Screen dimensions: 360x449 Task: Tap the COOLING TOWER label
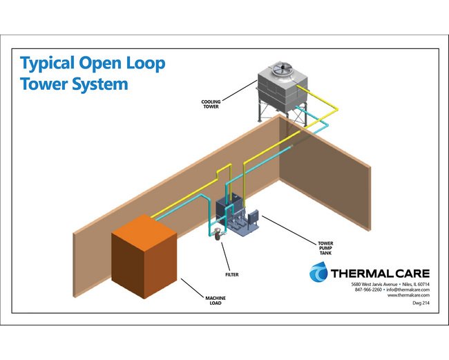[x=211, y=105]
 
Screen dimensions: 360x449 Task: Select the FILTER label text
[x=231, y=255]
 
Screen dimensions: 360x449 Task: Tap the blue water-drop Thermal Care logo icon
[x=318, y=272]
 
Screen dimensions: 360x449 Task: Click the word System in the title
[x=102, y=84]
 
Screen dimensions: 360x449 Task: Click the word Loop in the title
[x=143, y=64]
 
